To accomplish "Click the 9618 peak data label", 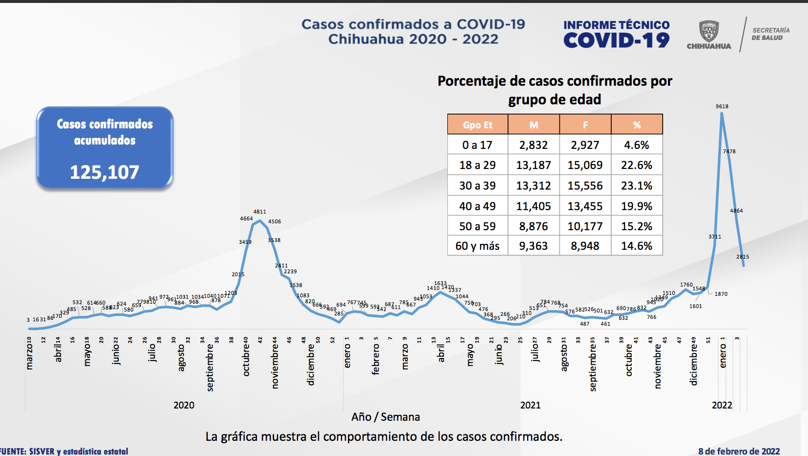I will (x=722, y=106).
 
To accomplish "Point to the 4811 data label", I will (x=260, y=212).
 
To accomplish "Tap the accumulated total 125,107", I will (x=104, y=172).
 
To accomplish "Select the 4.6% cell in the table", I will (x=636, y=145).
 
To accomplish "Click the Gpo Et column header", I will (x=478, y=125).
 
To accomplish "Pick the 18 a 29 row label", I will (x=477, y=165).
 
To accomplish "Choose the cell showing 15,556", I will (x=585, y=186).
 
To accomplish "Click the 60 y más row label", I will (x=477, y=246).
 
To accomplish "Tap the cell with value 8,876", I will (x=533, y=226).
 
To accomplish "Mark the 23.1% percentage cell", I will (x=636, y=186).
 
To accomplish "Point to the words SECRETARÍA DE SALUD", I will (x=770, y=34).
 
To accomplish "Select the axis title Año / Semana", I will (x=386, y=417).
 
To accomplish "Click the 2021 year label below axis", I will (x=530, y=405).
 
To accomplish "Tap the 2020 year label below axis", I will (x=184, y=405).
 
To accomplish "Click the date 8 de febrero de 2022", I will (x=739, y=451).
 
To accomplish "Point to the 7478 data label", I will (x=729, y=151).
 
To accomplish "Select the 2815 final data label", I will (x=742, y=257).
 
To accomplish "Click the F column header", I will (x=585, y=125).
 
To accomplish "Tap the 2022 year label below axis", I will (x=722, y=405).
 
